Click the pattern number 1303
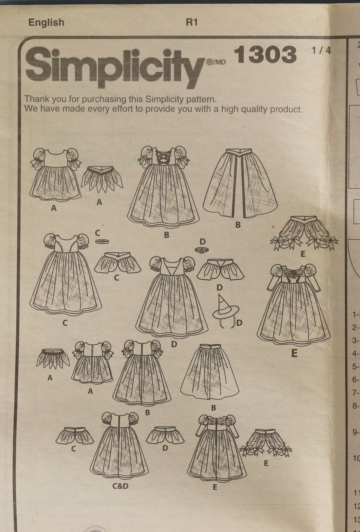tap(265, 54)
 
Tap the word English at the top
tap(46, 22)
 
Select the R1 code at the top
tap(192, 22)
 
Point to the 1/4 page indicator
tap(321, 51)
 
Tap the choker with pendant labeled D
tap(202, 250)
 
